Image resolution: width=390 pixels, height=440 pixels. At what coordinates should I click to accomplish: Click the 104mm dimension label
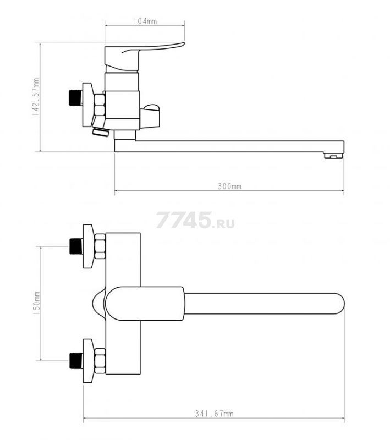pyautogui.click(x=145, y=21)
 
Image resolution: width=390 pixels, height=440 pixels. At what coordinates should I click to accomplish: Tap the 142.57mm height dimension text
pyautogui.click(x=36, y=97)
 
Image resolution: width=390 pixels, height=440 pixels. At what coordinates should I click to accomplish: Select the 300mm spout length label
pyautogui.click(x=229, y=186)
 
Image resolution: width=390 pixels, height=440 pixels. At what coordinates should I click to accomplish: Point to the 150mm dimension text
pyautogui.click(x=37, y=303)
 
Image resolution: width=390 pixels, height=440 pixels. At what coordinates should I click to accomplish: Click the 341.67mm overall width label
pyautogui.click(x=214, y=414)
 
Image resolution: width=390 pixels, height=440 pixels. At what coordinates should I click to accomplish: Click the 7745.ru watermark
pyautogui.click(x=195, y=221)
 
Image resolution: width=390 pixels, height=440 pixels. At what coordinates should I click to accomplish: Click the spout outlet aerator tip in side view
pyautogui.click(x=333, y=156)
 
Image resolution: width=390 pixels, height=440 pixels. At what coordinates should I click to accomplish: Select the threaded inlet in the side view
pyautogui.click(x=75, y=98)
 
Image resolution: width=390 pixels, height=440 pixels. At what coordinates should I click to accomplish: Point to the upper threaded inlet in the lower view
pyautogui.click(x=76, y=246)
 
